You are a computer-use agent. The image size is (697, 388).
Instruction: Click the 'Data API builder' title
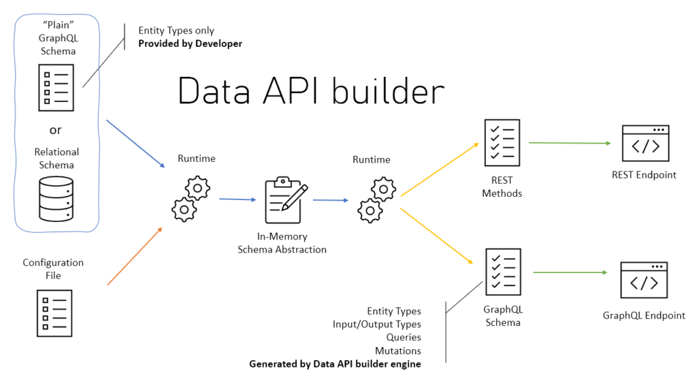(311, 91)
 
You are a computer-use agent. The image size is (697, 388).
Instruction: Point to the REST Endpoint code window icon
(645, 143)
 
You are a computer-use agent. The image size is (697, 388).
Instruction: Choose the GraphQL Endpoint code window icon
(643, 280)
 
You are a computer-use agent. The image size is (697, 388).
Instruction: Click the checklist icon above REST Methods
(502, 143)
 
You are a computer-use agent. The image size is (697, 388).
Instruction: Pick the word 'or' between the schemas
(56, 130)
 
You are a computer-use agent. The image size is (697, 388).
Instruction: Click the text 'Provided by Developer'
(190, 44)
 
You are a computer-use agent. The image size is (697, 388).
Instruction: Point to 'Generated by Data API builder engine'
(335, 364)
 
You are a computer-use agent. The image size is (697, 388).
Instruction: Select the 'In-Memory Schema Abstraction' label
(282, 243)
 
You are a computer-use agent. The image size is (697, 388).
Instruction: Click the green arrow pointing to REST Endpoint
(569, 143)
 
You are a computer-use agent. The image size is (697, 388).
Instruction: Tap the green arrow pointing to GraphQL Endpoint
(570, 272)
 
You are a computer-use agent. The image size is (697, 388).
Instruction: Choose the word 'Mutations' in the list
(398, 351)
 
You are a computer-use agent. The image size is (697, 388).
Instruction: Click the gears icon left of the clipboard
(190, 198)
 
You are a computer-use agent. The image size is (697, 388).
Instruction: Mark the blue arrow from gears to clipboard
(238, 199)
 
